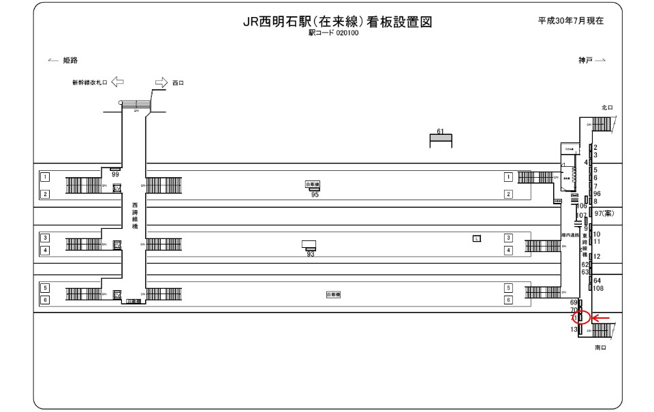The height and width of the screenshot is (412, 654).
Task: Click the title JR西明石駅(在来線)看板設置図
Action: coord(338,22)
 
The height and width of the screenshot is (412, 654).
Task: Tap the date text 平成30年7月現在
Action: coord(572,20)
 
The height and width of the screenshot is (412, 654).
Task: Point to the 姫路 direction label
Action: coord(70,61)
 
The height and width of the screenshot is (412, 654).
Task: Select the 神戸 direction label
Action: coord(585,61)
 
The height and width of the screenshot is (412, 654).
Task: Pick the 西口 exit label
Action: coord(178,83)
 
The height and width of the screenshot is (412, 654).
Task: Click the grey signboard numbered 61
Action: coord(440,139)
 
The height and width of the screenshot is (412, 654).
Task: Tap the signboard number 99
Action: coord(115,175)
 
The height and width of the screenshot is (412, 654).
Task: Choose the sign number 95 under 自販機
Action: coord(315,195)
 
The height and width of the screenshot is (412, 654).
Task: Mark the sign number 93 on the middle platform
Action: coord(310,254)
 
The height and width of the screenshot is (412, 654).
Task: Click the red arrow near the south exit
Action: coord(602,318)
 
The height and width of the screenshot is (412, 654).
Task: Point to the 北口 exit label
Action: coord(607,108)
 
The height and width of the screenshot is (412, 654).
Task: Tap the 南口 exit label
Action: coord(600,347)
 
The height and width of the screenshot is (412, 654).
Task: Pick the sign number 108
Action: coord(599,288)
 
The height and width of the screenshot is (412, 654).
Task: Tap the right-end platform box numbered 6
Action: coord(508,300)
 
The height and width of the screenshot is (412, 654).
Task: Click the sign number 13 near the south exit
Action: coord(574,330)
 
